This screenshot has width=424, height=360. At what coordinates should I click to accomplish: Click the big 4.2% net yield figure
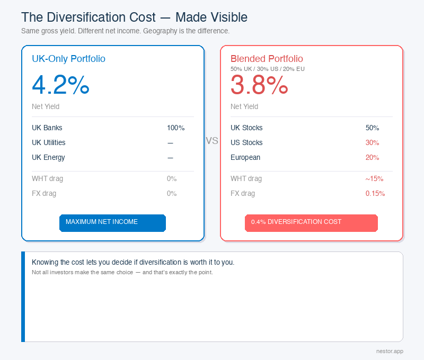[x=60, y=85]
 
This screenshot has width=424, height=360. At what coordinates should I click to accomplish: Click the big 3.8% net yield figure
[x=259, y=85]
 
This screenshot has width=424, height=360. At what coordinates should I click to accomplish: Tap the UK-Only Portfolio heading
[x=68, y=59]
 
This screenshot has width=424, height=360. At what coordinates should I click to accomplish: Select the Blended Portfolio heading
[x=267, y=59]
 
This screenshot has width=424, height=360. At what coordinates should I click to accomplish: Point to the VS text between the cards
[x=212, y=141]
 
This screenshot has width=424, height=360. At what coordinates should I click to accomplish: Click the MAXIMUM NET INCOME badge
[x=112, y=222]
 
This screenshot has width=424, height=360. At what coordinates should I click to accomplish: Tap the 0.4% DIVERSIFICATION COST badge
[x=311, y=222]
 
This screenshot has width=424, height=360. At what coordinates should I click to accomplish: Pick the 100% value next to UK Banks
[x=175, y=128]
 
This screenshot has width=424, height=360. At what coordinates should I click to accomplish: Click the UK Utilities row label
[x=49, y=143]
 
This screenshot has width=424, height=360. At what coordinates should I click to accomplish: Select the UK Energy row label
[x=48, y=158]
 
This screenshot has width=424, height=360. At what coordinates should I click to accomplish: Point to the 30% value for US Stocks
[x=372, y=143]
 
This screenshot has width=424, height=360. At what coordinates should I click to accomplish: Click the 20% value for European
[x=372, y=158]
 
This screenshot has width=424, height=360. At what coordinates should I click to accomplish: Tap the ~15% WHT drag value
[x=374, y=179]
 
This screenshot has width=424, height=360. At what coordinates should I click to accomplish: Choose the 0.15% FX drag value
[x=375, y=194]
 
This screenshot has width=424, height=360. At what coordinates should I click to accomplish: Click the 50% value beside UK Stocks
[x=372, y=128]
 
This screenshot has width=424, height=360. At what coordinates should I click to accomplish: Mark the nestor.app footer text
[x=389, y=351]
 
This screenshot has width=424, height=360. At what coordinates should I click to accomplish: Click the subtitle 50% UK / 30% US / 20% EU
[x=267, y=69]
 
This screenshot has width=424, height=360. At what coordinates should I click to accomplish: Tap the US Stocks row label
[x=246, y=143]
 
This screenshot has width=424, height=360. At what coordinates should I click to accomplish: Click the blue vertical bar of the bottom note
[x=23, y=296]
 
